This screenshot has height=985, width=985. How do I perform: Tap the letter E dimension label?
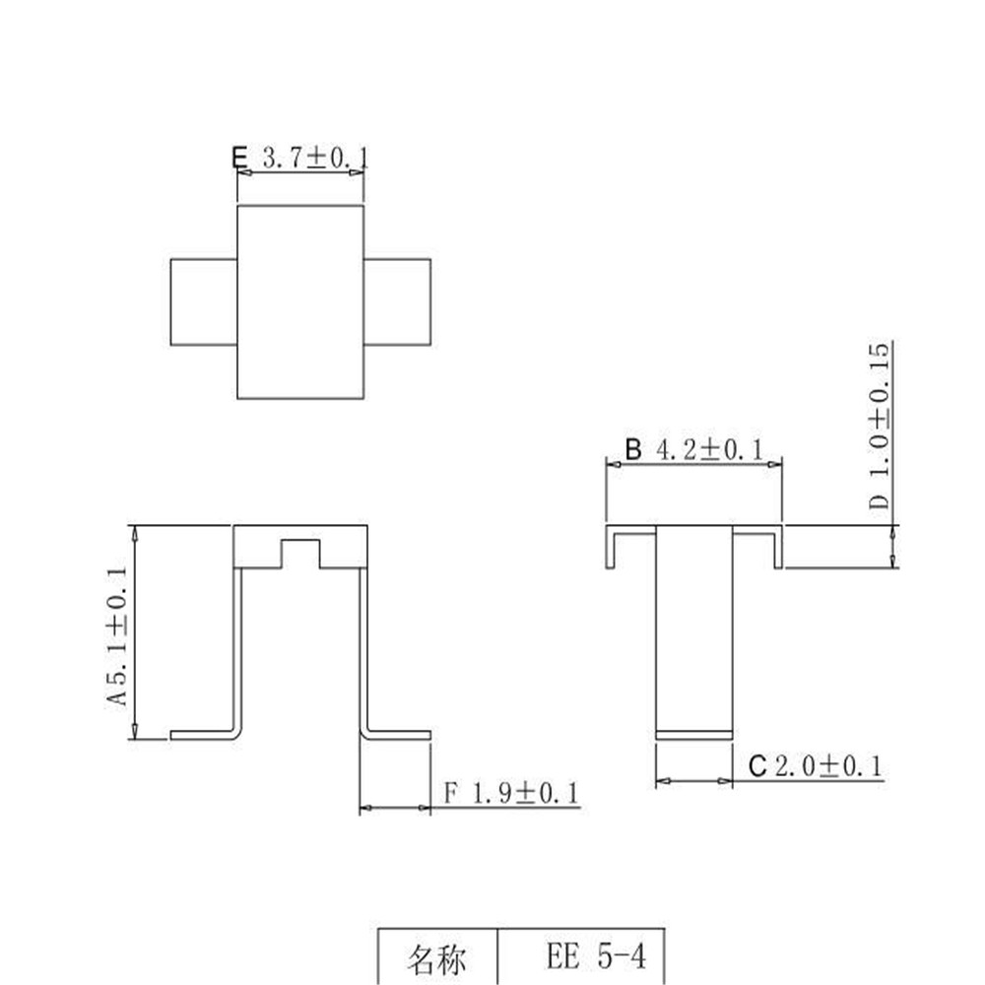[x=238, y=158]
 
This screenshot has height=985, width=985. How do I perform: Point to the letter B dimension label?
[x=633, y=450]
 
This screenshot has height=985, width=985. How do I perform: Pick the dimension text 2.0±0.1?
[x=828, y=766]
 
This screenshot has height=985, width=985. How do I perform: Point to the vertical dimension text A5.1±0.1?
[x=118, y=635]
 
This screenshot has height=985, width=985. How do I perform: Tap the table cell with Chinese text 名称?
[x=438, y=957]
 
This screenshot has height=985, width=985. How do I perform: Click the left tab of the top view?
[x=204, y=302]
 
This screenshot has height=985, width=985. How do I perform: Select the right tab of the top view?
[x=398, y=302]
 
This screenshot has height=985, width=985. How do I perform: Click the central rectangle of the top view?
[x=300, y=301]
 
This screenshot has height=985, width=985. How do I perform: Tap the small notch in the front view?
[x=300, y=554]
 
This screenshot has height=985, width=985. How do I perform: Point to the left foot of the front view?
[x=202, y=735]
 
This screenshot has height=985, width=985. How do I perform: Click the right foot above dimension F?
[x=399, y=735]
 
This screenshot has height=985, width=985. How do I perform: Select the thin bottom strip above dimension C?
[x=694, y=734]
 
